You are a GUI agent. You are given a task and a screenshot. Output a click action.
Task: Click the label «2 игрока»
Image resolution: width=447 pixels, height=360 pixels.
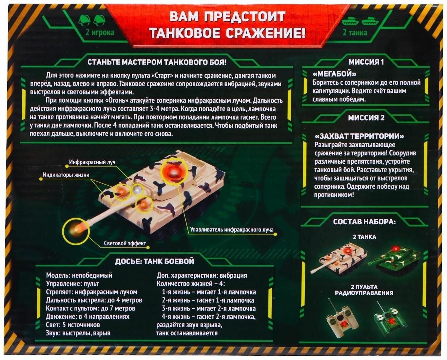pos(100,32)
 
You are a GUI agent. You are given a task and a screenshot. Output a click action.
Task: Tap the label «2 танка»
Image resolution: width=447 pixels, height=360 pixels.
pos(355,32)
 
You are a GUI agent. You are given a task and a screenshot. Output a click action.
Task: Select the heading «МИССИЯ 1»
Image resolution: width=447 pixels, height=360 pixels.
pos(366,62)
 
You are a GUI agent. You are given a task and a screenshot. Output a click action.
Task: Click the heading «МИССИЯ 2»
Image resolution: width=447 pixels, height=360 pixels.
pos(366,118)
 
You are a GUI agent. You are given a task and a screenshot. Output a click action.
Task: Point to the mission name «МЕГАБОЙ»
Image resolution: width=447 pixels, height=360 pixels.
pos(334,74)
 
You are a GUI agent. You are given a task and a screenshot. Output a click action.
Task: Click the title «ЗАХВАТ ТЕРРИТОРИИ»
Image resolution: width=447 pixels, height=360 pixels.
pos(359,136)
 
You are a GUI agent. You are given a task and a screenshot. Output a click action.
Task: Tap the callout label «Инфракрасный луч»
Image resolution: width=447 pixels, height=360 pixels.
pos(92,162)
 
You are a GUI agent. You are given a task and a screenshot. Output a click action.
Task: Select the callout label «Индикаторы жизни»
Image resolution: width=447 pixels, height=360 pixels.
pos(66,175)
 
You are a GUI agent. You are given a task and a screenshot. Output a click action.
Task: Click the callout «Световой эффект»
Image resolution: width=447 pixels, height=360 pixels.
pos(125,243)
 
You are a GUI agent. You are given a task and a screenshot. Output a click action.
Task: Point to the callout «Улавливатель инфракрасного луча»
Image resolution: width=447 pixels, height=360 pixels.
pos(232,230)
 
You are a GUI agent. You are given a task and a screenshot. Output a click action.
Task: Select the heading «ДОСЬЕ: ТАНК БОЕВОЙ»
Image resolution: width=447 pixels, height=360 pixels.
pos(154,261)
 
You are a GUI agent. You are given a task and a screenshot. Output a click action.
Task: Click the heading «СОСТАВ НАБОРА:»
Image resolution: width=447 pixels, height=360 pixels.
pos(364,222)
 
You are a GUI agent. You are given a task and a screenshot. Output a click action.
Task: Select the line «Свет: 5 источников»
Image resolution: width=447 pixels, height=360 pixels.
pos(73,325)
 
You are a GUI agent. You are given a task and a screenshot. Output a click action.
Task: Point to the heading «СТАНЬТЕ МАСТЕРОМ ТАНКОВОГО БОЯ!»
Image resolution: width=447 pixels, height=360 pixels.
pos(157,62)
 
